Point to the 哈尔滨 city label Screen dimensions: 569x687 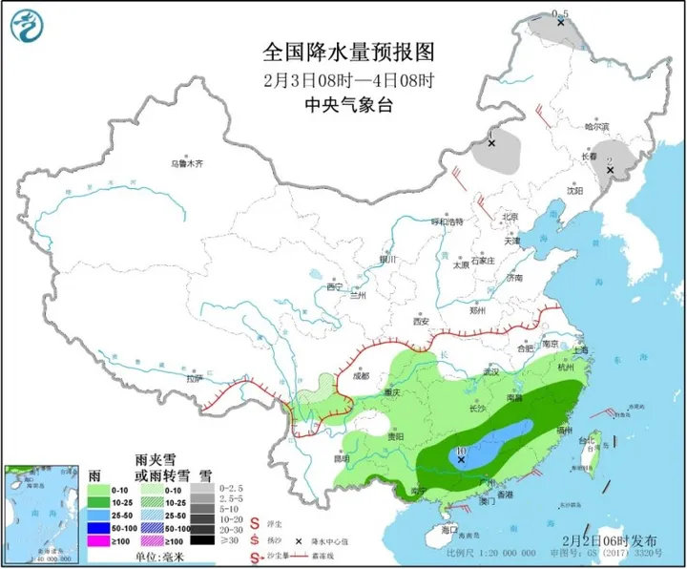coord(595,126)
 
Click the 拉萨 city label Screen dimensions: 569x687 coord(195,379)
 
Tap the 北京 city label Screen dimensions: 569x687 coord(509,217)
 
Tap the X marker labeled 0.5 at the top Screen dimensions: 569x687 coord(560,20)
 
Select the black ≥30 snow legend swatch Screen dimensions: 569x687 coord(206,541)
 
